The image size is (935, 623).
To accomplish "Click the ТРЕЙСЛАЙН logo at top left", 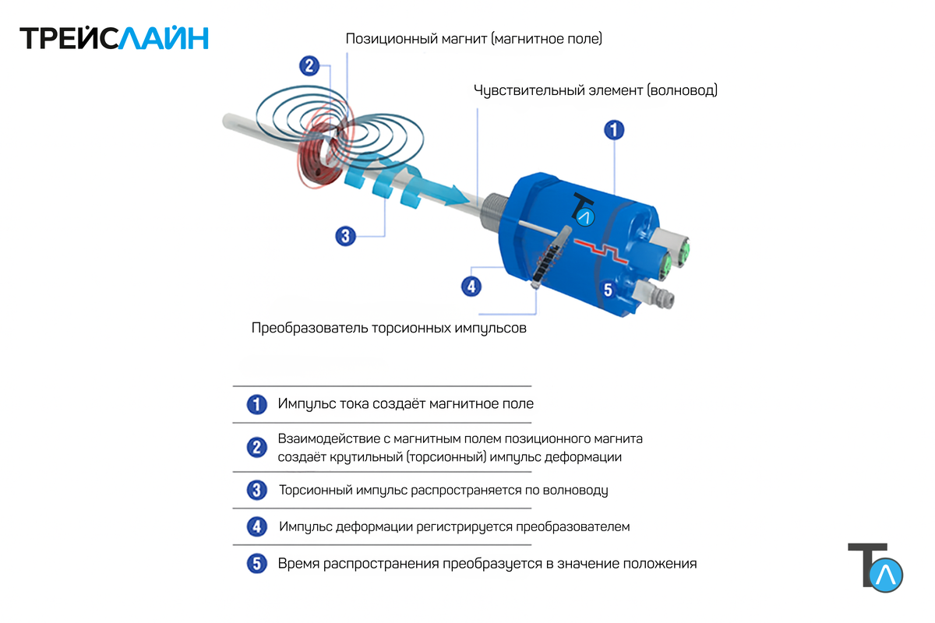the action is coord(114,38).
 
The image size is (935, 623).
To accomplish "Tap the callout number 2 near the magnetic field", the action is coord(309,66).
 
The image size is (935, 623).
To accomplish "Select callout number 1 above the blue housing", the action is coord(614,130).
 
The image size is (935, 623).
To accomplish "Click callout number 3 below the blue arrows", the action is coord(346,236).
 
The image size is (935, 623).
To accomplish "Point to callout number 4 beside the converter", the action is coord(471,287).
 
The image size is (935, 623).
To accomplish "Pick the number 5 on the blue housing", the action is coord(609,290).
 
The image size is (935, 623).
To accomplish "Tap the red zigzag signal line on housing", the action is coord(601,252).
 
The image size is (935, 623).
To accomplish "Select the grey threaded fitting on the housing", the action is coord(495,212).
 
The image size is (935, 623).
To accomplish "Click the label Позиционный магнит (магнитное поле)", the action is coord(474,39).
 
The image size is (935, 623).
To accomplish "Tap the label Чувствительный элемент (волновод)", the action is coord(595,90).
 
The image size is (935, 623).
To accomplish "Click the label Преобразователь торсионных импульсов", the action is coord(389,328).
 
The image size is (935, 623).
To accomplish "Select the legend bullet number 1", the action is coord(256,404).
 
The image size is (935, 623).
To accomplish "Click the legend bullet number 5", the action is coord(256,563).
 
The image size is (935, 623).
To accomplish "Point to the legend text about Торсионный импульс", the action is coord(443,490).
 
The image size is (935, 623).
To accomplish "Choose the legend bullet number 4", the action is coord(256,526).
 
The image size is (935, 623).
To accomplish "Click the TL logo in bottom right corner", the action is coord(875,568).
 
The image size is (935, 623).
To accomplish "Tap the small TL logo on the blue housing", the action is coord(583,209).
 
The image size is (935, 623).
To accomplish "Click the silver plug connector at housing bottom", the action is coord(653,295).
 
